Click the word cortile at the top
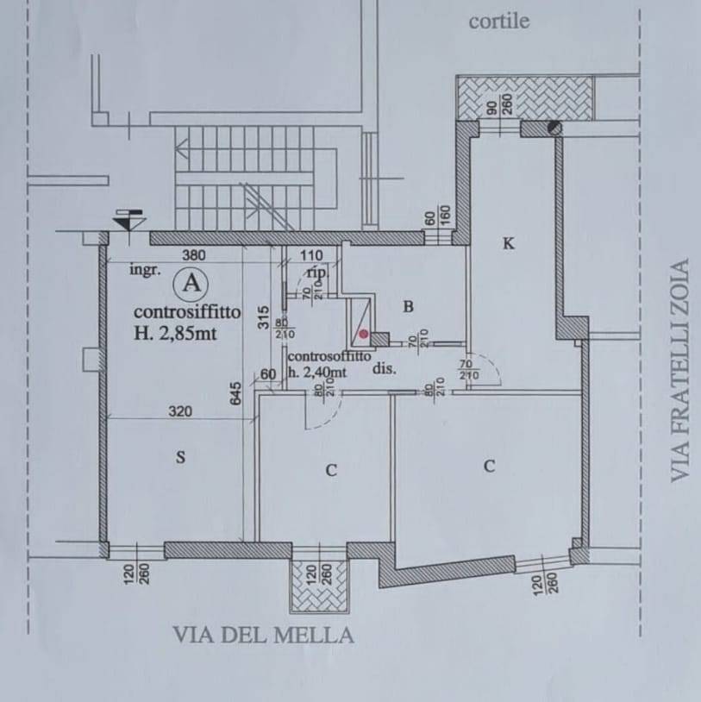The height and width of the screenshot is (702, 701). point(498,22)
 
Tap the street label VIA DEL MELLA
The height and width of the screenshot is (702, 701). point(264,636)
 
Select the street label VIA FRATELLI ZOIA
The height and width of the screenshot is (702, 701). point(681,371)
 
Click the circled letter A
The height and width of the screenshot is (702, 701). point(192,282)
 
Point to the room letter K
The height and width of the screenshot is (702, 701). point(508,244)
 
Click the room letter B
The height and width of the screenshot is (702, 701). point(410,305)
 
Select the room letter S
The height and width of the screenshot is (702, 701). point(180,458)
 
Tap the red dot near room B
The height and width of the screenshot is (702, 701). point(364,333)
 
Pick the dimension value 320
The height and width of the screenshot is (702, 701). point(179,411)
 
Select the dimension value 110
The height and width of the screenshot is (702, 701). point(311,255)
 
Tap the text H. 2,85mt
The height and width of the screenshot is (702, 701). point(172,335)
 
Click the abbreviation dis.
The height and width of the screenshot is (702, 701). point(384,368)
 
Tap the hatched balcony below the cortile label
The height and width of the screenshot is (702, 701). point(524,97)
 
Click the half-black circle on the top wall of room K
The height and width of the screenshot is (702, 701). point(553,128)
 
